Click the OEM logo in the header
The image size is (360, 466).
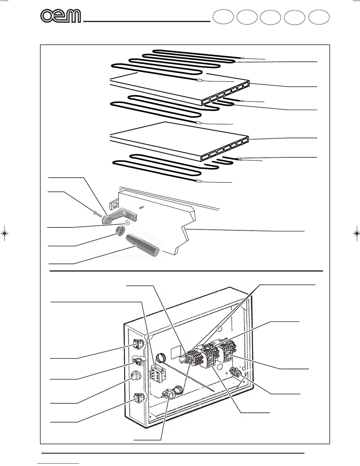[x=61, y=16]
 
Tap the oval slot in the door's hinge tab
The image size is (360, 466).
[x=115, y=204]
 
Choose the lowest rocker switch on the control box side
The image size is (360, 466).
[x=139, y=398]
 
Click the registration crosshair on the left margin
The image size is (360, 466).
[x=4, y=233]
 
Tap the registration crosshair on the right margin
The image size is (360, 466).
[x=356, y=233]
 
